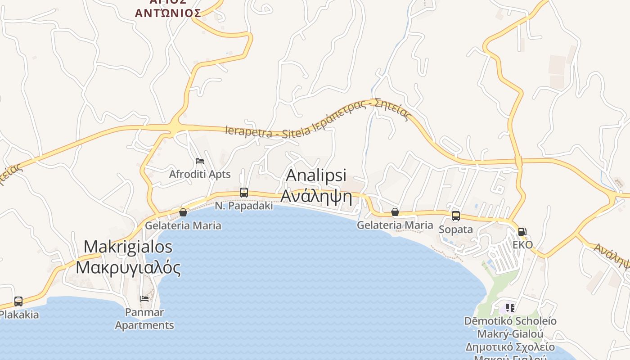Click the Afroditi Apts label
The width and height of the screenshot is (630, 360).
200,174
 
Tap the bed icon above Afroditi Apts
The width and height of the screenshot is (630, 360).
200,161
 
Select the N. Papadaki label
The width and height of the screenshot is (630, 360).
244,206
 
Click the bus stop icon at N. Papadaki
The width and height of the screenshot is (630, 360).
244,193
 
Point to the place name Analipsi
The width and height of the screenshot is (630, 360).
316,175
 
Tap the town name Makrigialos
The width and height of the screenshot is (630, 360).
128,247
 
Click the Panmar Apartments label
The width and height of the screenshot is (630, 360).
144,319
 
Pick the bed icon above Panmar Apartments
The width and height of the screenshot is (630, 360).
144,298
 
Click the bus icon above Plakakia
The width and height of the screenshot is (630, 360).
18,301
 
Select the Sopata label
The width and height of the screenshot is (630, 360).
456,229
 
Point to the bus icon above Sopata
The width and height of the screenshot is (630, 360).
456,216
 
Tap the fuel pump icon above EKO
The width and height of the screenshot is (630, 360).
522,232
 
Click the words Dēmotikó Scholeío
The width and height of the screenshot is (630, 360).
510,321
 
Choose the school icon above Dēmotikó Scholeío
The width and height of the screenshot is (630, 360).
510,308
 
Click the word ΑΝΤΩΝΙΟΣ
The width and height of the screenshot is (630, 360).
168,13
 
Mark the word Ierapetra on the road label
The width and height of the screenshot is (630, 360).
248,131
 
